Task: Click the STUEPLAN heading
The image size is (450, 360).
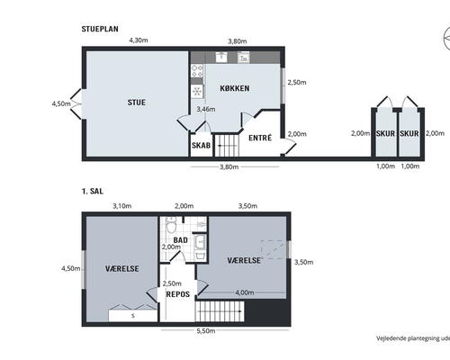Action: click(100, 29)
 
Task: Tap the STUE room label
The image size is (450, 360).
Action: click(136, 102)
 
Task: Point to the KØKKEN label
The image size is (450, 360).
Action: click(234, 88)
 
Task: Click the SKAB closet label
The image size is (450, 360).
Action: click(200, 144)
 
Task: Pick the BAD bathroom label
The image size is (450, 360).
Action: click(180, 238)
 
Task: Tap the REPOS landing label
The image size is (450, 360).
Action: click(177, 293)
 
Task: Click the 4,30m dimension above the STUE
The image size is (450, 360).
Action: click(138, 40)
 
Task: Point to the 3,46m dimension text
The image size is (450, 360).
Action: click(205, 109)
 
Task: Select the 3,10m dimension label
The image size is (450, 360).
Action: click(121, 206)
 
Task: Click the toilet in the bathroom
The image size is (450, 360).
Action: click(180, 260)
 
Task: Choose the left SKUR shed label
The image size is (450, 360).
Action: click(384, 133)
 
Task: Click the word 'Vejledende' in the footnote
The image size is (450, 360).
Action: click(392, 338)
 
